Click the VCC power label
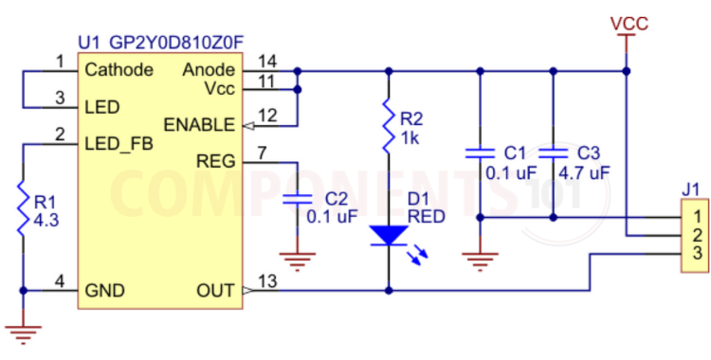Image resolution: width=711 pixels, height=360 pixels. coord(629,24)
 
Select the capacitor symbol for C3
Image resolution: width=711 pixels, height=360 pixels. coord(552,153)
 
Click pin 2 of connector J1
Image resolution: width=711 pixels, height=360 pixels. coord(696,235)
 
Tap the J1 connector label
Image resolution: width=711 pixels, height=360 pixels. coord(691,188)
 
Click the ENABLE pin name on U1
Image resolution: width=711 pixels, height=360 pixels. coord(199,125)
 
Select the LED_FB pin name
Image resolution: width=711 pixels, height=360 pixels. coord(118,143)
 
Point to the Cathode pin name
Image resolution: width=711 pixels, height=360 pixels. coord(118,70)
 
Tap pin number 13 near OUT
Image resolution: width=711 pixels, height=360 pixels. coord(268,280)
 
